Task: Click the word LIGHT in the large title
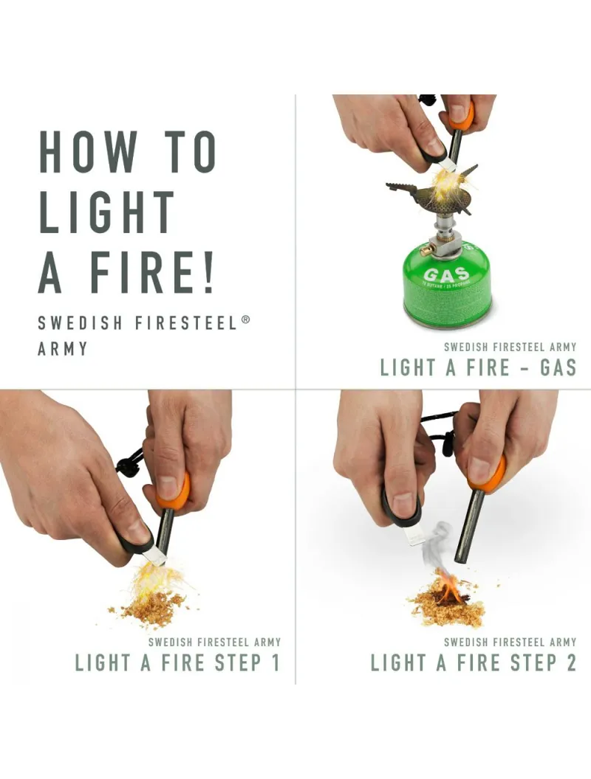pos(107,212)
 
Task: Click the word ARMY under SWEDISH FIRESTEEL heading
pos(62,348)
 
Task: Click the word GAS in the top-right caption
pos(558,367)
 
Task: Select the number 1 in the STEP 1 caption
pos(275,662)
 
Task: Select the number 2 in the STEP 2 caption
pos(570,662)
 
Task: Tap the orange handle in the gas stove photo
pos(460,115)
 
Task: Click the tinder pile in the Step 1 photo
pos(151,606)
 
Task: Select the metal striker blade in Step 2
pos(414,533)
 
